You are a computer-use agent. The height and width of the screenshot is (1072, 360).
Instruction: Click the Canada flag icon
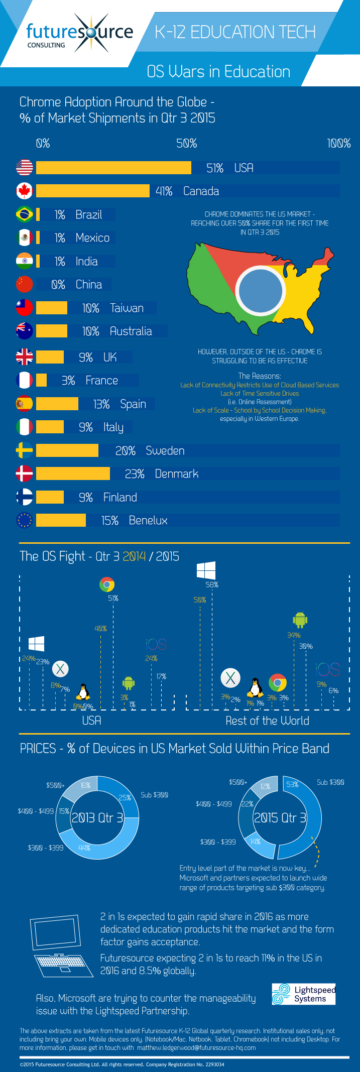[24, 191]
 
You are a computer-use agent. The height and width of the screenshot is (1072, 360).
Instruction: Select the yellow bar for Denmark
[73, 473]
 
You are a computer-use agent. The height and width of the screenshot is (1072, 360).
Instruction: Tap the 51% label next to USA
[215, 168]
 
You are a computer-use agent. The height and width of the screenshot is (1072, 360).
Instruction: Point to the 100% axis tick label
[339, 144]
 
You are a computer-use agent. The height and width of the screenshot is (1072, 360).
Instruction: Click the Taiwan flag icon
[24, 308]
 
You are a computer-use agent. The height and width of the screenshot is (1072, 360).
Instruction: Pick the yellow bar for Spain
[57, 404]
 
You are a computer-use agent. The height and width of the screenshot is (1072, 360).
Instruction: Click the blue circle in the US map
[261, 290]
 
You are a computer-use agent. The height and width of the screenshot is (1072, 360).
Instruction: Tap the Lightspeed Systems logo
[303, 994]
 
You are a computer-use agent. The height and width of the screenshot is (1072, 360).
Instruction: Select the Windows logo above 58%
[206, 570]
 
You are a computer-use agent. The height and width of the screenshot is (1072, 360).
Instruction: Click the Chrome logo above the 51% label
[107, 584]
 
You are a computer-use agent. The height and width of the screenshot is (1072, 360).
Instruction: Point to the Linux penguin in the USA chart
[83, 692]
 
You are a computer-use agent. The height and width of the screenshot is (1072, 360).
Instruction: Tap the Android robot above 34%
[300, 620]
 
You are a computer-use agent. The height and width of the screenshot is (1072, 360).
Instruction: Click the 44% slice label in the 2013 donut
[84, 848]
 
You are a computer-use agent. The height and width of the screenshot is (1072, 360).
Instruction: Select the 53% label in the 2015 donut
[292, 784]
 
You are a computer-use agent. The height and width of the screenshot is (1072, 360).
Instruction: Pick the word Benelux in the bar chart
[148, 520]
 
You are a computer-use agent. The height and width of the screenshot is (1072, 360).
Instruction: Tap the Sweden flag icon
[24, 450]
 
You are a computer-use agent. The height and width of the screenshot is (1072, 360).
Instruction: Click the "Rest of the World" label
[267, 721]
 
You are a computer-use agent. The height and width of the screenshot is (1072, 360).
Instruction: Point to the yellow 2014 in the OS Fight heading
[134, 556]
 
